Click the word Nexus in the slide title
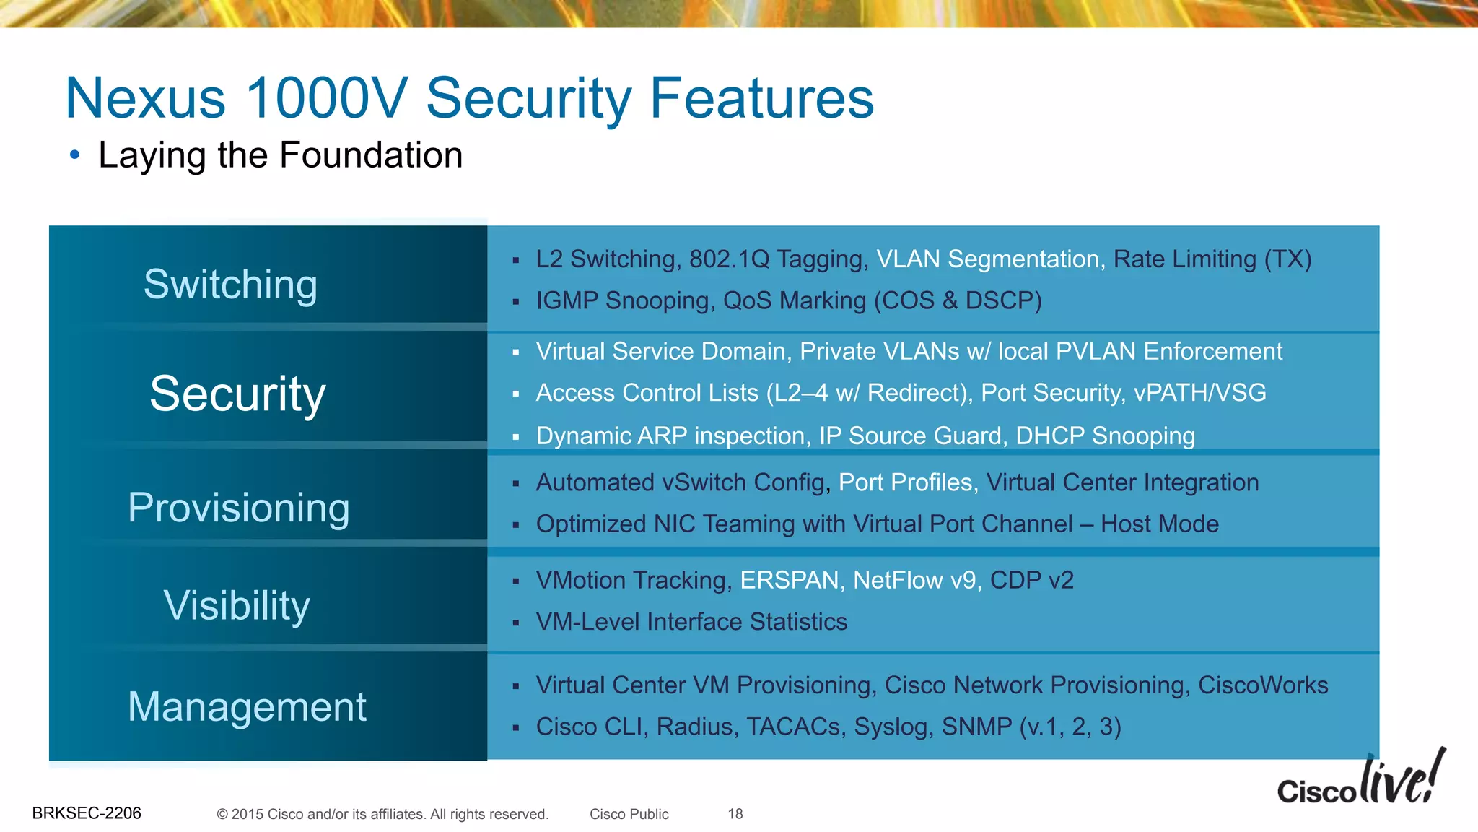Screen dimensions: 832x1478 click(145, 98)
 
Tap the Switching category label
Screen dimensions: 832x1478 click(230, 284)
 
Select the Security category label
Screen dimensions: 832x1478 click(237, 394)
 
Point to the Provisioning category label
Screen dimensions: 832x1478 click(239, 507)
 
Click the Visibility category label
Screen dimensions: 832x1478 click(237, 604)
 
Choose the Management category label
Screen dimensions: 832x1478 click(247, 706)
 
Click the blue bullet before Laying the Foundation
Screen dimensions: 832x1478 click(74, 155)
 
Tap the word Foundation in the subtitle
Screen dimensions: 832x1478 click(371, 155)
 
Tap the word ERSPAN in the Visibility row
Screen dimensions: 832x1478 click(792, 581)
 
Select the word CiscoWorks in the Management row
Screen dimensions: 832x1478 click(1262, 685)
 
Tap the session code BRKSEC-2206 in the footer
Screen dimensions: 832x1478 click(87, 813)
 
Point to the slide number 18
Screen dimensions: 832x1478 click(735, 814)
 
